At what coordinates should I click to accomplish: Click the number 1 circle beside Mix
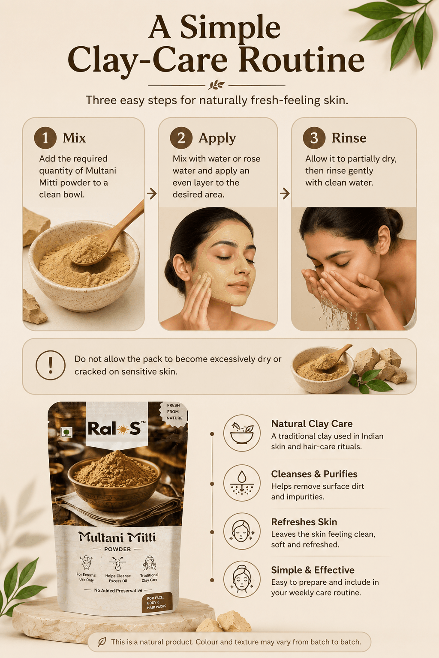45,138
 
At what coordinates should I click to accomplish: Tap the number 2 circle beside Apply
181,138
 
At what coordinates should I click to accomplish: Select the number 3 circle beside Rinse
314,138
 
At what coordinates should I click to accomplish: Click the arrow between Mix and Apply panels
151,194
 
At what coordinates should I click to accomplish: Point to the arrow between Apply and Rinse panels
285,194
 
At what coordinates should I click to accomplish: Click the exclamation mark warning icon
50,365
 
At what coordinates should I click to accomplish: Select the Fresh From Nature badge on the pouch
174,412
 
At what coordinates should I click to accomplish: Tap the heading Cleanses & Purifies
314,474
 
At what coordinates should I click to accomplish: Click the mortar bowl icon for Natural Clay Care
242,433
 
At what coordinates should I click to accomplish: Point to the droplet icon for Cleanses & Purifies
242,482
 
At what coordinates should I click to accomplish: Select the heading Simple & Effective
313,570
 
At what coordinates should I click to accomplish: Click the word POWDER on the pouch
117,549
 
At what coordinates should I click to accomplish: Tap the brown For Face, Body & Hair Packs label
157,602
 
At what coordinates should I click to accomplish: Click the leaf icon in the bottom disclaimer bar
102,642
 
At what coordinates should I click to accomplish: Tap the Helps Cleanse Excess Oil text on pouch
118,578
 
